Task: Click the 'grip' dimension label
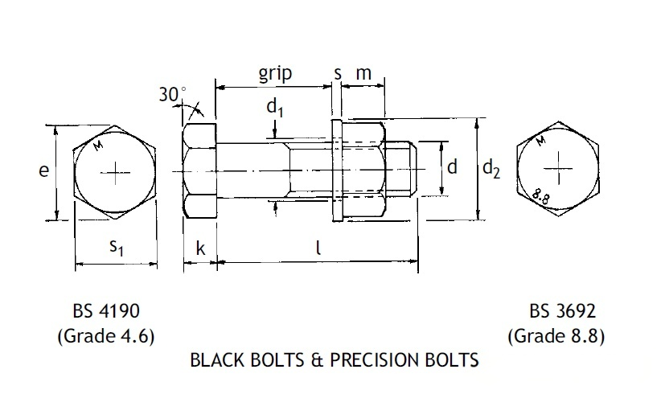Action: click(275, 74)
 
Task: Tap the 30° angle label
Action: click(171, 95)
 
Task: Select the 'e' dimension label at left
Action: click(44, 170)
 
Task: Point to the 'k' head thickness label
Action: click(200, 249)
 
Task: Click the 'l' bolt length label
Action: click(318, 248)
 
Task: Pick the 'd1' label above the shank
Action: click(275, 108)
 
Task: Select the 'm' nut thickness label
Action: click(363, 74)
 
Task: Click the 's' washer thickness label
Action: click(338, 74)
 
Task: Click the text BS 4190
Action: click(105, 310)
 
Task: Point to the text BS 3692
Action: click(562, 310)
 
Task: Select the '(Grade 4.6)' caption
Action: click(105, 334)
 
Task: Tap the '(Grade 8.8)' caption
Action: click(557, 334)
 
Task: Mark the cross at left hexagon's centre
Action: click(115, 171)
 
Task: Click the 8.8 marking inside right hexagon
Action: click(540, 194)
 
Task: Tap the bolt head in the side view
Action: click(199, 171)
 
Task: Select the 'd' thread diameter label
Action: click(452, 167)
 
